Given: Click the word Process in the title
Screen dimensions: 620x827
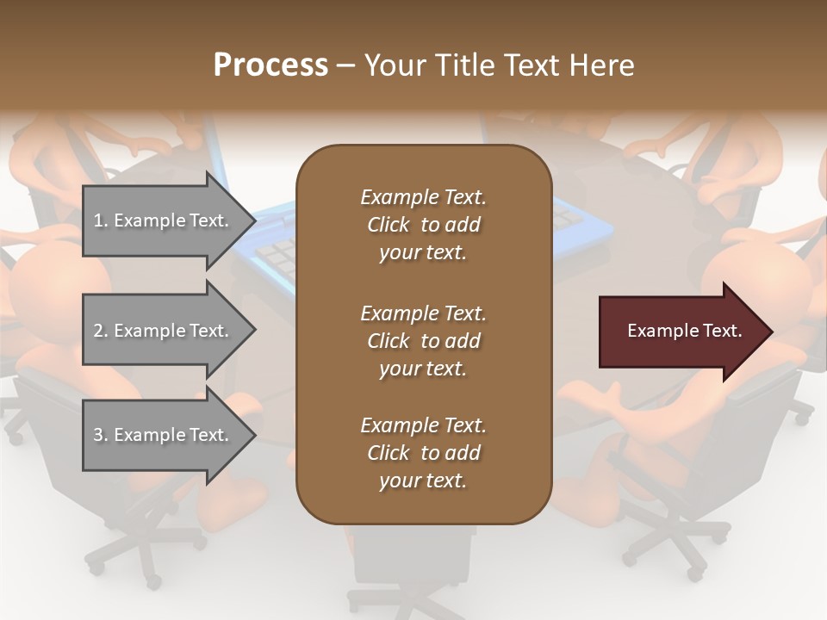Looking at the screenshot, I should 270,65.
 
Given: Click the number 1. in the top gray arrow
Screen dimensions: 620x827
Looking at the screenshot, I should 100,220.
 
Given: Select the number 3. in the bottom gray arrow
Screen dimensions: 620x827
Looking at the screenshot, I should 100,435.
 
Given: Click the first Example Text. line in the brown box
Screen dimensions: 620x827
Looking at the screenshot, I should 423,197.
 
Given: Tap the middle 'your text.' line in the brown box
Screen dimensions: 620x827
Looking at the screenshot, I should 423,369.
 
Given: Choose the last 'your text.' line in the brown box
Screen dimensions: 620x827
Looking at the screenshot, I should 423,481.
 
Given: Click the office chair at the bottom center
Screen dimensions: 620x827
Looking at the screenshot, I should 413,560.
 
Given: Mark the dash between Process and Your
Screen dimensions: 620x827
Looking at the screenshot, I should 346,65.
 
